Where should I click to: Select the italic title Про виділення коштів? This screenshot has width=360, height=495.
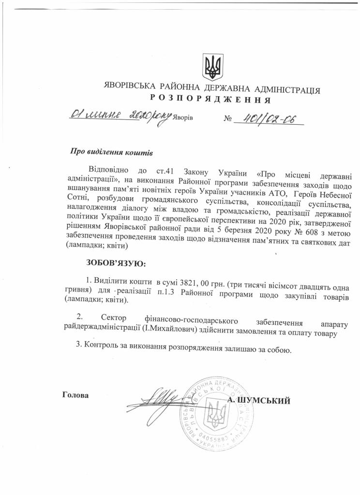tap(111, 152)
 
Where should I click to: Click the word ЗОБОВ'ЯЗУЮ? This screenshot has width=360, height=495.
tap(115, 263)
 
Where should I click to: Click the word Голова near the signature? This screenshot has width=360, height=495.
tap(76, 394)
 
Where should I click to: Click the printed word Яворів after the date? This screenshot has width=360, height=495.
tap(184, 118)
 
